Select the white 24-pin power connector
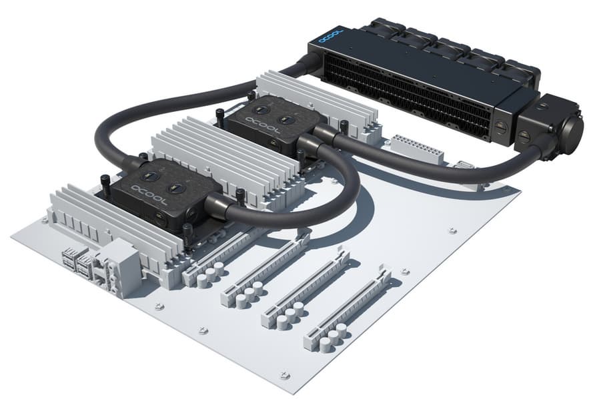pyautogui.click(x=417, y=149)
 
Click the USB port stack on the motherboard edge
pyautogui.click(x=77, y=262)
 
